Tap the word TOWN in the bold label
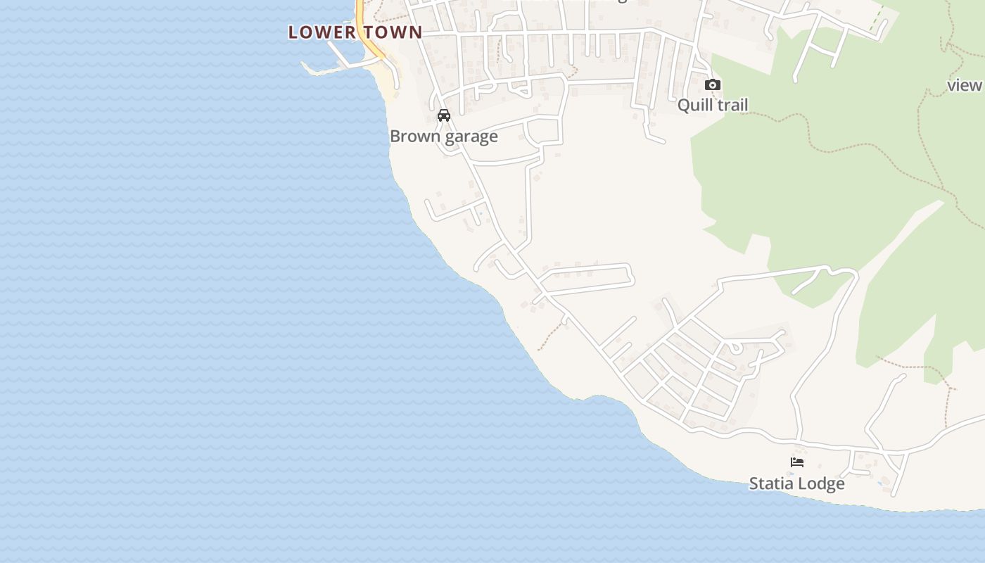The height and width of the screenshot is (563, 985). coord(394,32)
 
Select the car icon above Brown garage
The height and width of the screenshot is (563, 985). coord(443,115)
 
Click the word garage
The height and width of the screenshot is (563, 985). coord(471,137)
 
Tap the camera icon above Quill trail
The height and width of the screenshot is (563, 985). coord(713,85)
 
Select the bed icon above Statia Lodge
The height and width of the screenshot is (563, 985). coord(797,462)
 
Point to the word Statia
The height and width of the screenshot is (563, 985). coord(773,484)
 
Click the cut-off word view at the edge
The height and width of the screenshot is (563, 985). coord(965,85)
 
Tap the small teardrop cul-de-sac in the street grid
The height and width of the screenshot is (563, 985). coord(734,346)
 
